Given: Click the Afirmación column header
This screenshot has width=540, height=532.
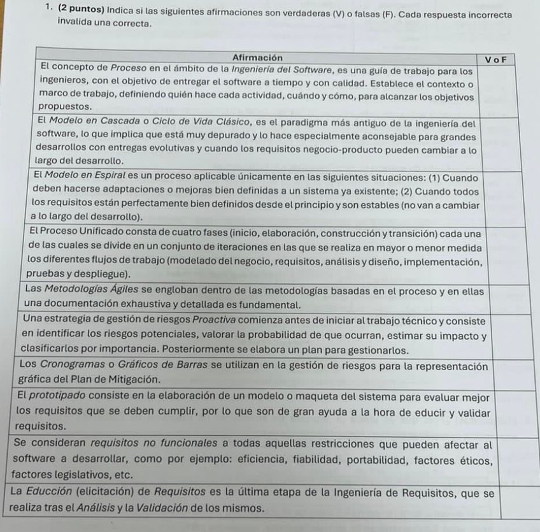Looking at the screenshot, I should pos(257,57).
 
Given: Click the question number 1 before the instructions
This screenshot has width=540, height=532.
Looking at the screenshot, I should pos(48,8).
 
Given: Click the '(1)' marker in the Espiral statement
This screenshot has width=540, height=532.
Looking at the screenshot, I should pos(415,177).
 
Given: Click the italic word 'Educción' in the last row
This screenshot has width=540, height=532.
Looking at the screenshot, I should pos(53,493).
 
